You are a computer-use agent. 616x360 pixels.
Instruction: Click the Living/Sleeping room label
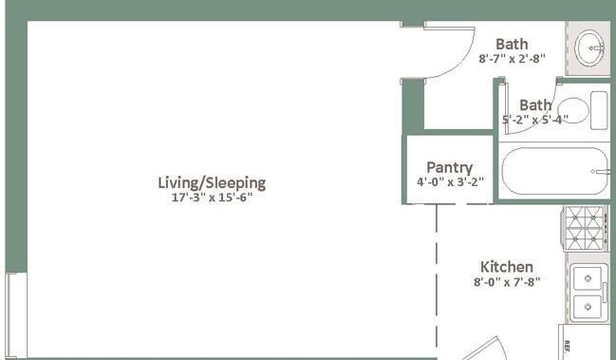[x=212, y=183]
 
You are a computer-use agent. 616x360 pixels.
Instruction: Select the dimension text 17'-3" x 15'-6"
[x=212, y=198]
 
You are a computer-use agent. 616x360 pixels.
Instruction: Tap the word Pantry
[x=450, y=168]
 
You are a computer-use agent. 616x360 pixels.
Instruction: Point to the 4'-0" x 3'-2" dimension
[x=450, y=182]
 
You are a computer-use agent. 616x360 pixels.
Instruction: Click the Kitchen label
[x=507, y=267]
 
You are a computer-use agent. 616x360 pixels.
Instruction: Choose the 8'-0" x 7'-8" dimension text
[x=507, y=282]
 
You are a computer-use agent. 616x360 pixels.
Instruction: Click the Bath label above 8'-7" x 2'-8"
[x=512, y=44]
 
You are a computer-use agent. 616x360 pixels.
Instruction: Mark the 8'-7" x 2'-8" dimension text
[x=512, y=59]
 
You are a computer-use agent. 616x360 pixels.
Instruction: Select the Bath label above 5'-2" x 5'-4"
[x=535, y=104]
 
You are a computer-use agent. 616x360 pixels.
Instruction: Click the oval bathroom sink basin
[x=589, y=48]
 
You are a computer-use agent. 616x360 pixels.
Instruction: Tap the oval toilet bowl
[x=573, y=110]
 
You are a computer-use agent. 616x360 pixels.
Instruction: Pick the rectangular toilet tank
[x=599, y=110]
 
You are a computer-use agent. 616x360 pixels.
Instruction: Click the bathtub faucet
[x=601, y=171]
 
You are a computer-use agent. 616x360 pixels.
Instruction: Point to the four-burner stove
[x=584, y=228]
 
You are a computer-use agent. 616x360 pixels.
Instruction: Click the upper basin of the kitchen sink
[x=588, y=278]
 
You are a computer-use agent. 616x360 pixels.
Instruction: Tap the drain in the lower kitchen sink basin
[x=588, y=306]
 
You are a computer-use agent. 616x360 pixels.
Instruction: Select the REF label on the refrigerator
[x=567, y=346]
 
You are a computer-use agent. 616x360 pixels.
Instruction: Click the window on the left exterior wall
[x=16, y=315]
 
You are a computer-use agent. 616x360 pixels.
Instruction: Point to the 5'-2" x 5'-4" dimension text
[x=535, y=119]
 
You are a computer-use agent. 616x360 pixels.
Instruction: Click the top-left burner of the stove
[x=575, y=217]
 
